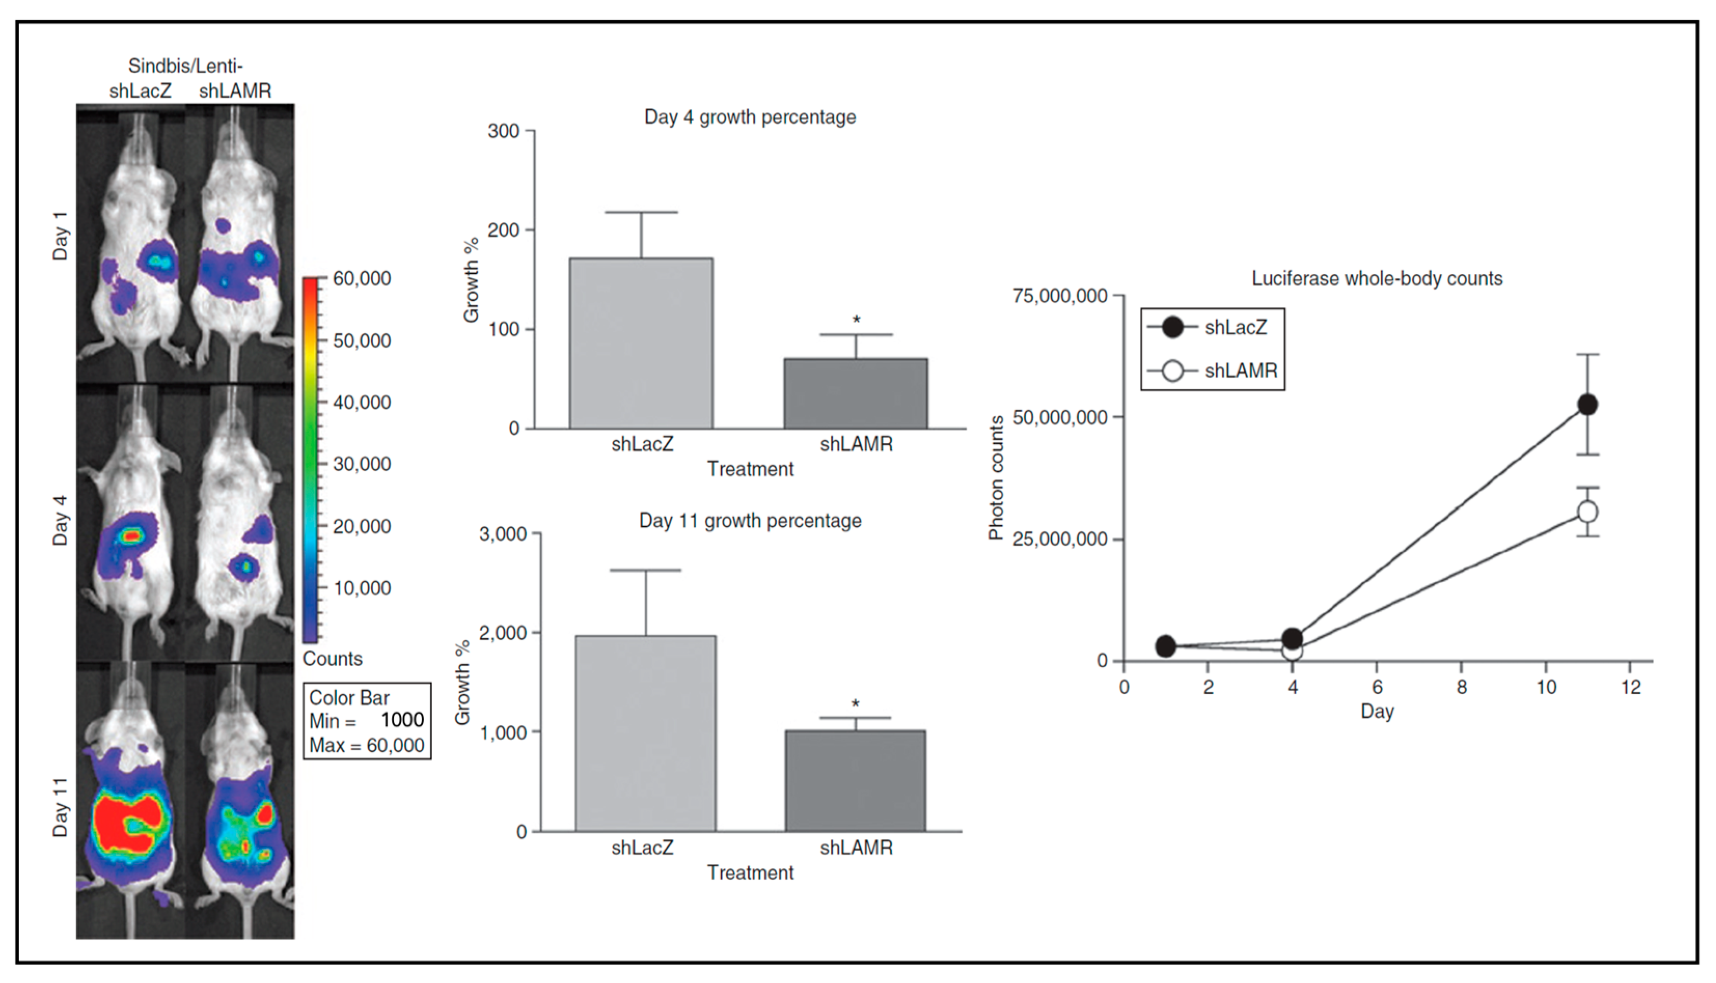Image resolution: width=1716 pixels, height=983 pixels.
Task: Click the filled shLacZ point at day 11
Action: (1587, 405)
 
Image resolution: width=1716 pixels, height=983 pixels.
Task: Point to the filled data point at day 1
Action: (1165, 646)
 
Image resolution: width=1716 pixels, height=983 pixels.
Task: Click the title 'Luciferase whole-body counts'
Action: (1377, 279)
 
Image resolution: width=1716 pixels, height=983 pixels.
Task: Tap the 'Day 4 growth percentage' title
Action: (750, 118)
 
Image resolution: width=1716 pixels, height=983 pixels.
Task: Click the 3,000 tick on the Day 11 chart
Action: (503, 535)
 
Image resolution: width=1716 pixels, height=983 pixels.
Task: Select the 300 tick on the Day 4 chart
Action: (503, 131)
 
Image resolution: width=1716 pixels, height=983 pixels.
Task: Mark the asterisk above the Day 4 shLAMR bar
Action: (856, 319)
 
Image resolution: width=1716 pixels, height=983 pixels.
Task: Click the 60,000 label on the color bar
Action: (362, 278)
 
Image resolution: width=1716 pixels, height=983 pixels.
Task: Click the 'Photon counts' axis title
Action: (995, 478)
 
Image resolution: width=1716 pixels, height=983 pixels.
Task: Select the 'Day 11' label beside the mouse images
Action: (60, 807)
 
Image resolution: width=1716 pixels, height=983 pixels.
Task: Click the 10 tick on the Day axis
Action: (1546, 687)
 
